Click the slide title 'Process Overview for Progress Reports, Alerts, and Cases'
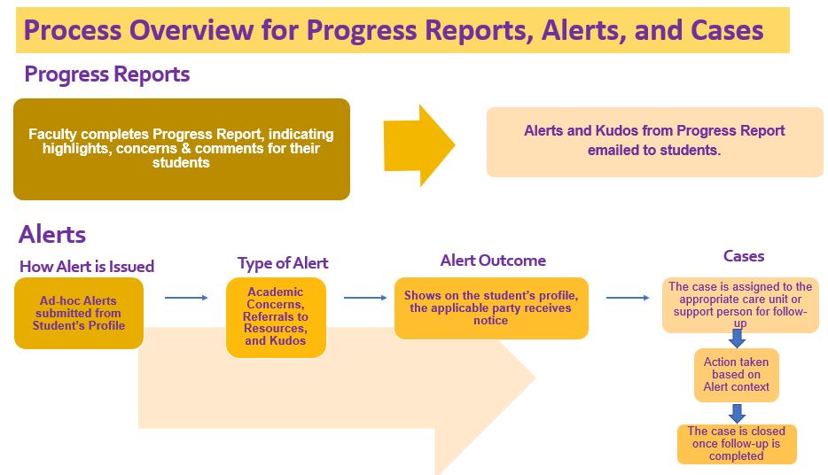click(x=394, y=30)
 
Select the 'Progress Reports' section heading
click(x=107, y=74)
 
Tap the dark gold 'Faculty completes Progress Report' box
click(x=182, y=149)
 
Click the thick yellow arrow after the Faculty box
click(x=419, y=145)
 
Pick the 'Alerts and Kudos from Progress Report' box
click(x=655, y=142)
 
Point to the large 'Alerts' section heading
click(x=52, y=234)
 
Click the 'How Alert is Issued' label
click(x=87, y=267)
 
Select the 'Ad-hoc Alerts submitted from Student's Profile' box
click(x=79, y=313)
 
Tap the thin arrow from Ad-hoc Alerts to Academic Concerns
click(x=186, y=298)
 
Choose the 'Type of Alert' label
click(x=283, y=263)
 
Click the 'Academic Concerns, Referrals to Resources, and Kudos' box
click(x=276, y=317)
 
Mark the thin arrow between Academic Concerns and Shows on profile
click(x=365, y=298)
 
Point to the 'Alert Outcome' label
click(x=493, y=261)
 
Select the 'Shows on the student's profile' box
click(x=491, y=308)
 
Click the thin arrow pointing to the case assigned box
click(x=628, y=298)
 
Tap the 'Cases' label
click(x=744, y=256)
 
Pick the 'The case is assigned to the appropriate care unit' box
click(x=740, y=305)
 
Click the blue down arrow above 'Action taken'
click(x=738, y=339)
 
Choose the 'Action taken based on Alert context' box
click(x=737, y=375)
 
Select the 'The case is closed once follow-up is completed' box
click(x=737, y=444)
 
